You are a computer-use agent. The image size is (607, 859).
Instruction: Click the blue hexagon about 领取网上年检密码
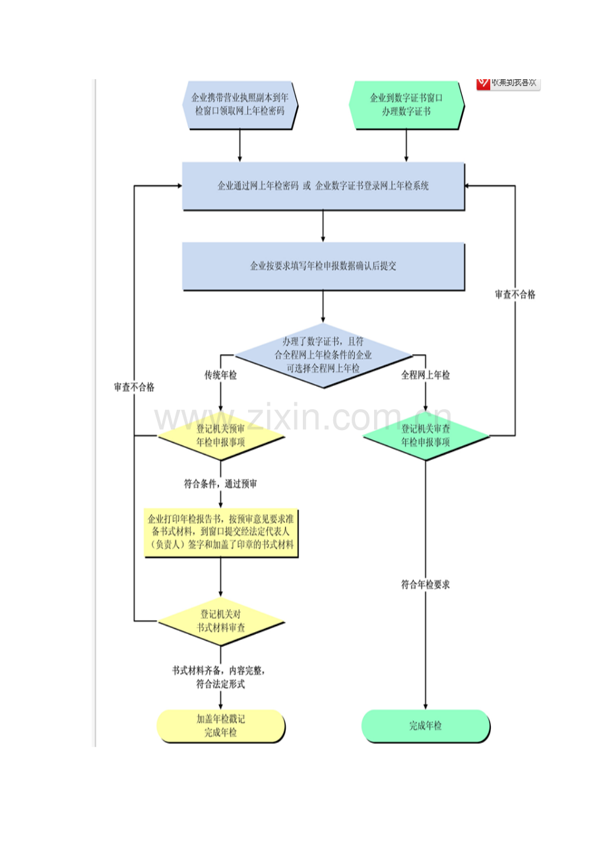[x=240, y=104]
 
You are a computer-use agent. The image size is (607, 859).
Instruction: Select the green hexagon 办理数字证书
[x=406, y=104]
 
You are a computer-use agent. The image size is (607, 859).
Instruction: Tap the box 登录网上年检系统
[x=323, y=186]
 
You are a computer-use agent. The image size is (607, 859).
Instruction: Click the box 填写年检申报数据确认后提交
[x=323, y=267]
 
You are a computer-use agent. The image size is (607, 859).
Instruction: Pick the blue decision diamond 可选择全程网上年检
[x=323, y=356]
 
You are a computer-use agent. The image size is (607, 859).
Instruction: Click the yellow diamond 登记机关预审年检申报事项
[x=220, y=436]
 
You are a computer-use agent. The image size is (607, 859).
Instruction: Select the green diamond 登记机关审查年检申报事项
[x=426, y=436]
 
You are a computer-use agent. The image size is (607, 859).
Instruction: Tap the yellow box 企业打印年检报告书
[x=220, y=532]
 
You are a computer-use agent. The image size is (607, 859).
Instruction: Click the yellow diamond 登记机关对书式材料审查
[x=220, y=621]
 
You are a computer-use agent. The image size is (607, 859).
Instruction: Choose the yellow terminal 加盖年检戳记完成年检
[x=220, y=726]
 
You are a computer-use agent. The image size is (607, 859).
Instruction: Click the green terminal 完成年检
[x=426, y=726]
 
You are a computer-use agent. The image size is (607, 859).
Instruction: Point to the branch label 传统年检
[x=220, y=375]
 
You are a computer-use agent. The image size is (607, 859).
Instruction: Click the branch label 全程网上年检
[x=426, y=375]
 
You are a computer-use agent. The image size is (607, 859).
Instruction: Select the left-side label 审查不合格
[x=134, y=387]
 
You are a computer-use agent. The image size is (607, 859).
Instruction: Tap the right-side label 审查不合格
[x=515, y=295]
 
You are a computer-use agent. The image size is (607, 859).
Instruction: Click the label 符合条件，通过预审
[x=220, y=484]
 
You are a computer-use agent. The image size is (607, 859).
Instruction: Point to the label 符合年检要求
[x=426, y=584]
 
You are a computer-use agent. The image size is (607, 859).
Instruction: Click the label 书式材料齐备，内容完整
[x=220, y=670]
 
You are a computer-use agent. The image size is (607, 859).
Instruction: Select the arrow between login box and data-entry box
[x=323, y=226]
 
